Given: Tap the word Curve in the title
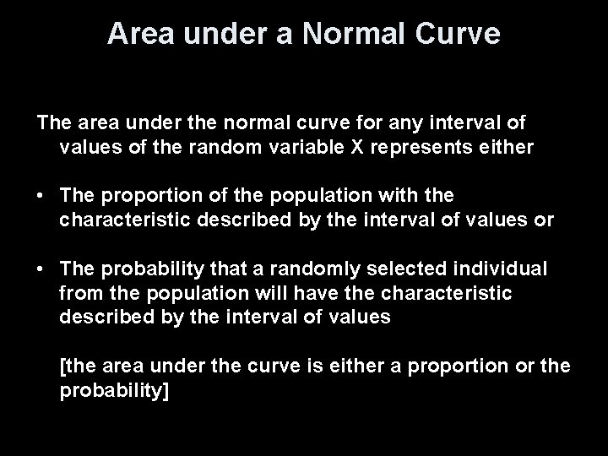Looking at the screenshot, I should (460, 35).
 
